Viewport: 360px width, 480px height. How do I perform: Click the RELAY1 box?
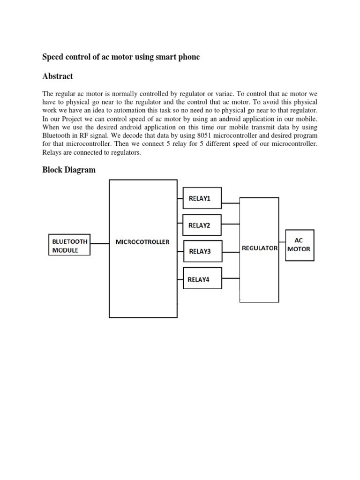click(x=202, y=198)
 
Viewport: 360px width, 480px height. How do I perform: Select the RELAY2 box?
click(x=202, y=225)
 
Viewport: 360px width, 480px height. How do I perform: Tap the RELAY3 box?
click(x=202, y=251)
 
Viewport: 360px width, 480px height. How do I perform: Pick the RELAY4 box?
click(x=202, y=280)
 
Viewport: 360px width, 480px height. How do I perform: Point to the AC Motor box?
click(x=300, y=245)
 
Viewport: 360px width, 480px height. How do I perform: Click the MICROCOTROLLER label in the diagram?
click(x=142, y=242)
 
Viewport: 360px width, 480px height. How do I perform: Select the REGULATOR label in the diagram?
click(x=260, y=248)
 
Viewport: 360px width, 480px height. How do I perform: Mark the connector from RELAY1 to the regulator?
click(x=231, y=203)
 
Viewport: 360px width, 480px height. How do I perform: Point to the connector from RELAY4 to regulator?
click(x=231, y=276)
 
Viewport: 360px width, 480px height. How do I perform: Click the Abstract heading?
click(x=58, y=76)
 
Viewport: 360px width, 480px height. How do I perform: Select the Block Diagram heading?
click(x=69, y=170)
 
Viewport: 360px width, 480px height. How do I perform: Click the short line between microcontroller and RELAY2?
click(x=180, y=225)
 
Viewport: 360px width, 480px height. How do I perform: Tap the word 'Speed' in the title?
click(x=53, y=57)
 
